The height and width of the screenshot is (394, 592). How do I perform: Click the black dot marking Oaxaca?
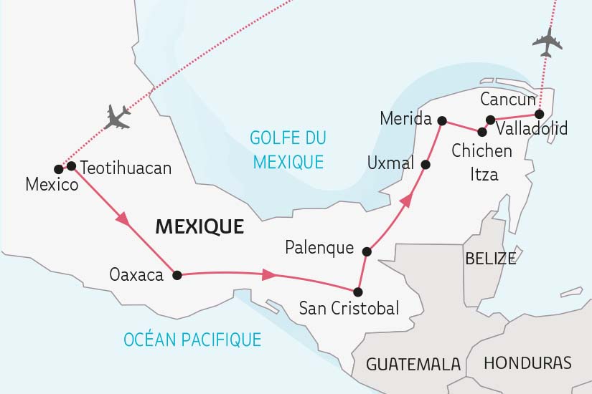click(177, 274)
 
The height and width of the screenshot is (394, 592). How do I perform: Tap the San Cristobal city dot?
click(358, 292)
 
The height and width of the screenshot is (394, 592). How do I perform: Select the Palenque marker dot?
click(367, 251)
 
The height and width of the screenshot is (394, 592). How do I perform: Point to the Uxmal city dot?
click(425, 165)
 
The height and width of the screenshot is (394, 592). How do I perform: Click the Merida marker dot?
click(442, 120)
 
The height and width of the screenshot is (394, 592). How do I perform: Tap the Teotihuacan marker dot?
click(71, 166)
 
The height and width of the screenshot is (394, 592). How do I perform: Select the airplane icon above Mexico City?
click(117, 116)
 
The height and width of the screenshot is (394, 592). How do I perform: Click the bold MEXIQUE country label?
click(199, 227)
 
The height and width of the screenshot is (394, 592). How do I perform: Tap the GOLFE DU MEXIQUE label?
click(287, 149)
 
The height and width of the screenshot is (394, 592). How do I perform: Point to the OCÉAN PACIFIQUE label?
click(191, 338)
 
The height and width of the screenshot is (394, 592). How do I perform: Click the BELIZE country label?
click(490, 258)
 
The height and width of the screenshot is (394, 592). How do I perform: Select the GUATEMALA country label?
click(413, 364)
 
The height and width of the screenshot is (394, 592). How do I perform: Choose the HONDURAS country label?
click(527, 362)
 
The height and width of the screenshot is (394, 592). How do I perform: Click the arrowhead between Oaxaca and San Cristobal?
click(269, 274)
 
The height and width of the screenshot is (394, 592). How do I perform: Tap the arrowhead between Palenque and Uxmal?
click(405, 200)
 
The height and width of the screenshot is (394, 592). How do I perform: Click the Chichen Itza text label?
click(481, 162)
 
